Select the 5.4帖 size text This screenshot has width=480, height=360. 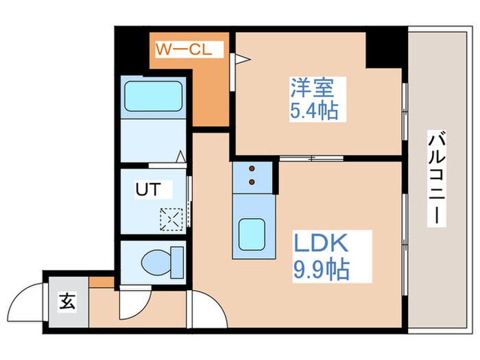click(314, 110)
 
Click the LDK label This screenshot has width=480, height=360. click(322, 243)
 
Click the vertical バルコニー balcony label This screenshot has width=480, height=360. click(435, 180)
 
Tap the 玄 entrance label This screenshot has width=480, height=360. click(67, 300)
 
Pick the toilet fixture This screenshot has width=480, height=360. click(160, 261)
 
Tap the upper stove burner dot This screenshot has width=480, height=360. click(252, 169)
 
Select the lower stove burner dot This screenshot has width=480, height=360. click(252, 182)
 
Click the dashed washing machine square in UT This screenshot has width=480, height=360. click(169, 219)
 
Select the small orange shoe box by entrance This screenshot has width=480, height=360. click(101, 282)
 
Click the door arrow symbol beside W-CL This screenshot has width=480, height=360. click(239, 60)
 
